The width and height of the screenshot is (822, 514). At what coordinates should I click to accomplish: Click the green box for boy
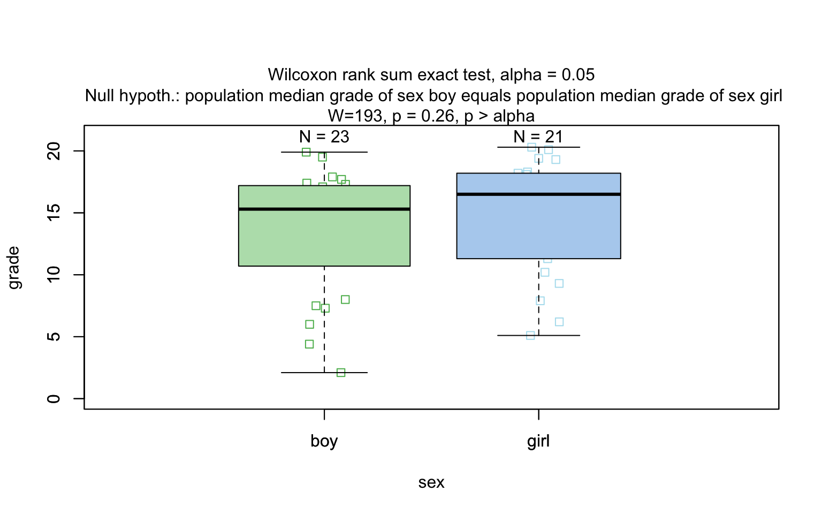pyautogui.click(x=324, y=236)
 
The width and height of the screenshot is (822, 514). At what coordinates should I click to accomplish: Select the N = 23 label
pyautogui.click(x=324, y=137)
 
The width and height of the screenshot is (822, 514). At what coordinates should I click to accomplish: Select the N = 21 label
pyautogui.click(x=538, y=137)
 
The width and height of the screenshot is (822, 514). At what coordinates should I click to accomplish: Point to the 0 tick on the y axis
pyautogui.click(x=54, y=398)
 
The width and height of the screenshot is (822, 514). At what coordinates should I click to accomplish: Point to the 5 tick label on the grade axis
pyautogui.click(x=54, y=337)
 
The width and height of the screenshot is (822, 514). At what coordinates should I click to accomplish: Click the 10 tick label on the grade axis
pyautogui.click(x=54, y=275)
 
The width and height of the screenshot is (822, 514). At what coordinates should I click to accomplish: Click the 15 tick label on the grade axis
pyautogui.click(x=54, y=213)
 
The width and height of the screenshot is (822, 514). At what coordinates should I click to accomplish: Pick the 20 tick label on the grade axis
pyautogui.click(x=54, y=151)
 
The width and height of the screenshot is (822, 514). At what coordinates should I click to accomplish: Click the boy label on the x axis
pyautogui.click(x=324, y=441)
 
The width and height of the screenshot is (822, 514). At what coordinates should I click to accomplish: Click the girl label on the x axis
pyautogui.click(x=538, y=441)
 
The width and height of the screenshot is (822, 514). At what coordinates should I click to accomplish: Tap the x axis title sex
pyautogui.click(x=431, y=483)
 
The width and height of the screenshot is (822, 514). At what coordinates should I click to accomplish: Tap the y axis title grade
pyautogui.click(x=14, y=268)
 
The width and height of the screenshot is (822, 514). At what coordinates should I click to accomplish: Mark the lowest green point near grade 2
pyautogui.click(x=341, y=373)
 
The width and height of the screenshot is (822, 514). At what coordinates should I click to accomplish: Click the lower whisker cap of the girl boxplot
pyautogui.click(x=557, y=336)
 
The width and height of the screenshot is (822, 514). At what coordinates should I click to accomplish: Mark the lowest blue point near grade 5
pyautogui.click(x=530, y=336)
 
